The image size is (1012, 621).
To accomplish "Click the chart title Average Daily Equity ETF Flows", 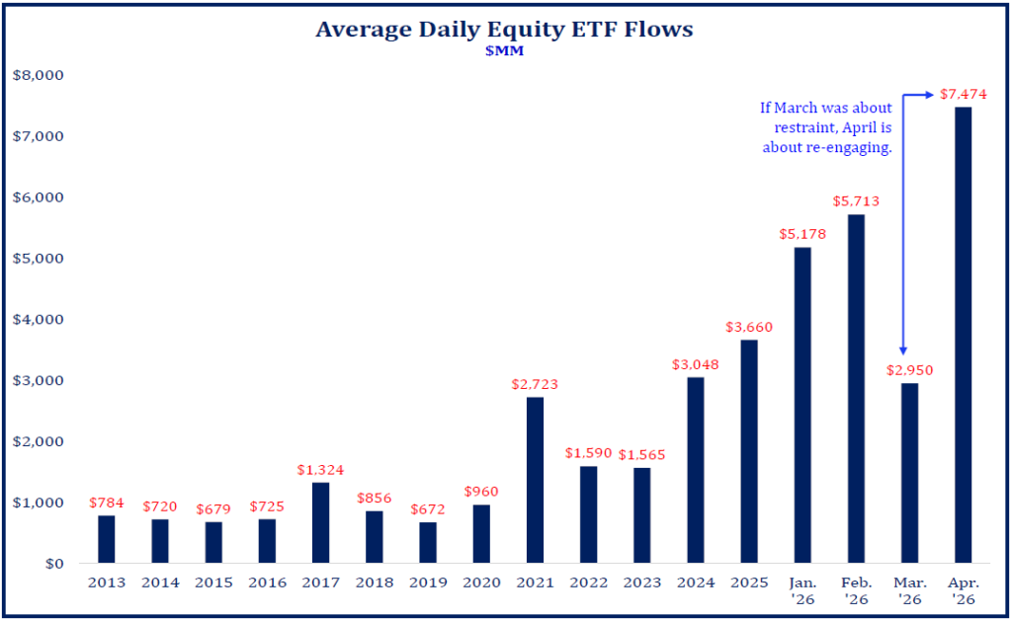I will (x=504, y=30).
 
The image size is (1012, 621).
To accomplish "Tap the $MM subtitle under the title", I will (x=504, y=52).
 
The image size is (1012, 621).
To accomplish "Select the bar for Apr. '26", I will (x=963, y=335).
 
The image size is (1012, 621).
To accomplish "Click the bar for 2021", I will (x=535, y=480).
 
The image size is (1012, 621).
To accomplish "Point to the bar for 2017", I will (x=320, y=522).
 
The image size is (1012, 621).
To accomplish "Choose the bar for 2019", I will (x=427, y=542).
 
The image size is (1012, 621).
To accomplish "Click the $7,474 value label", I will (x=963, y=95).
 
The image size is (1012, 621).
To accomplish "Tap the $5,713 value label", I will (x=856, y=202).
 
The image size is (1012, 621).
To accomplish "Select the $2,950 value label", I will (x=909, y=370).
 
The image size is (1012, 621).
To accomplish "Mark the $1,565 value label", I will (x=641, y=454).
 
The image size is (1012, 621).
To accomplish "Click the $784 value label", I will (x=107, y=503).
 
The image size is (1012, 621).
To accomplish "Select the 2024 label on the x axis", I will (x=695, y=582).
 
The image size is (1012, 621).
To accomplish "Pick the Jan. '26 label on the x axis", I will (x=801, y=590).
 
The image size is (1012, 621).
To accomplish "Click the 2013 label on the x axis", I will (x=107, y=582).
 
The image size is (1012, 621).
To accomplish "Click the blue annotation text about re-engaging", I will (x=826, y=126).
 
